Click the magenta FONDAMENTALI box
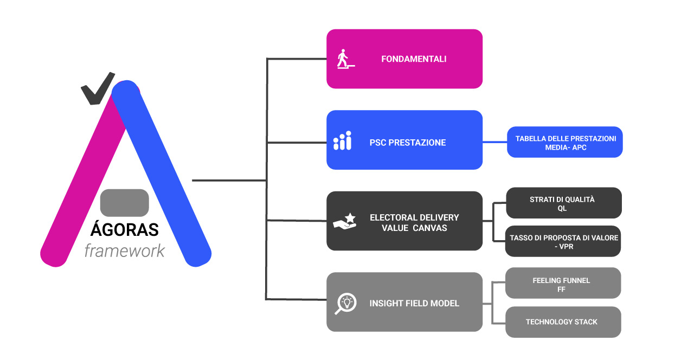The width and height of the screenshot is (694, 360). (x=404, y=59)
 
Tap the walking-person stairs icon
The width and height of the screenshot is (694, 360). (x=345, y=59)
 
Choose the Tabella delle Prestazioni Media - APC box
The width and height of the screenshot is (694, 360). (x=565, y=143)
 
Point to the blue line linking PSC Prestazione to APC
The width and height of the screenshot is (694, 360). (x=494, y=142)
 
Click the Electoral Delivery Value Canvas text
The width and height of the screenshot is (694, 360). (x=414, y=222)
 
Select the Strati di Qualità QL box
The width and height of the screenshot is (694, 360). (x=563, y=203)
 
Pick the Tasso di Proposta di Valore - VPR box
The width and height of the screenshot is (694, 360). (x=563, y=241)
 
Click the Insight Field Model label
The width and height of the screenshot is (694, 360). (x=414, y=303)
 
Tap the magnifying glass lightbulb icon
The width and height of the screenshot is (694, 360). (x=345, y=303)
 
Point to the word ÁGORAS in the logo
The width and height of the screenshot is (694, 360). (x=124, y=229)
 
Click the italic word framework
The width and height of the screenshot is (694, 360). (x=124, y=251)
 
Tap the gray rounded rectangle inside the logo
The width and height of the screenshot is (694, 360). (x=124, y=203)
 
